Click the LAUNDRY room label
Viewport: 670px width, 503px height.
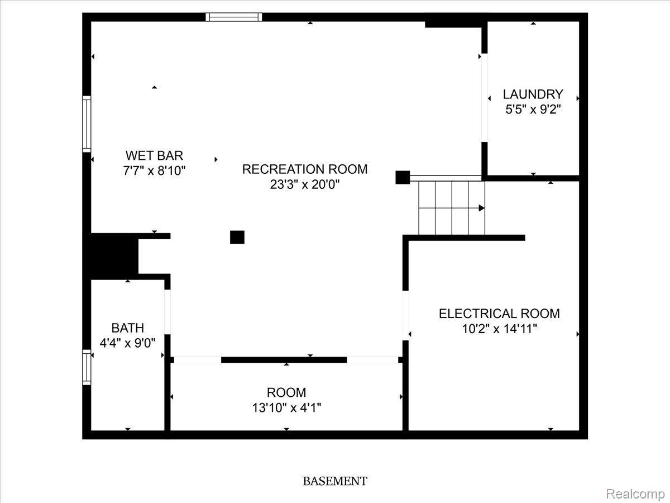(533, 94)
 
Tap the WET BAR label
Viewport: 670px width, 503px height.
(154, 156)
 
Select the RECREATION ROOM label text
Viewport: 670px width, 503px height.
(305, 169)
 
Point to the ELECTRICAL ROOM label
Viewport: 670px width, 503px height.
(499, 314)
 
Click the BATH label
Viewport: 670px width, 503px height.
(128, 328)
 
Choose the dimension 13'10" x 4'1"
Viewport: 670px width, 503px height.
(286, 408)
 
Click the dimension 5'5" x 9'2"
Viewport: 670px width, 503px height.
(533, 110)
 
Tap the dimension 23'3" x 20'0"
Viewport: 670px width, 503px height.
(305, 184)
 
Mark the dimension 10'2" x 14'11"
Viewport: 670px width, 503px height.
(499, 329)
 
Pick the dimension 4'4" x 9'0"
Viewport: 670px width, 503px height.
(128, 343)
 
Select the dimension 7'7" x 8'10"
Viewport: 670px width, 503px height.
(154, 170)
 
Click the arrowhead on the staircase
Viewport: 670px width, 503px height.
(482, 208)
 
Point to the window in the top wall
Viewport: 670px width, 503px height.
(234, 17)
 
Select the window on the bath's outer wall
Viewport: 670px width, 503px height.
(87, 367)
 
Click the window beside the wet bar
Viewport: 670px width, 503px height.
(87, 124)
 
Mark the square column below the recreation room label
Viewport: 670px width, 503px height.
(237, 238)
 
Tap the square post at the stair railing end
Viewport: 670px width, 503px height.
(403, 177)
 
